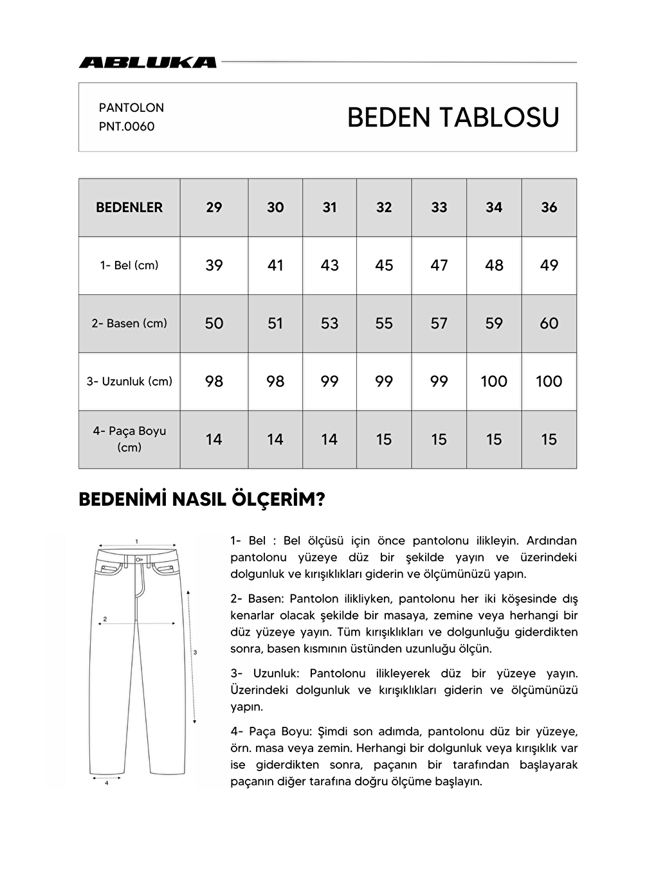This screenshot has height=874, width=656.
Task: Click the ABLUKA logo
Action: coord(147,62)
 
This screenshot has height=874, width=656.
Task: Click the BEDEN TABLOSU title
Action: coord(453,118)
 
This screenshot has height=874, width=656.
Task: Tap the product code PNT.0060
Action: coord(127,127)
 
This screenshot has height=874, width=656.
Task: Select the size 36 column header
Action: coord(549,208)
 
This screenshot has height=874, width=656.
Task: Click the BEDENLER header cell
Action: coord(129,208)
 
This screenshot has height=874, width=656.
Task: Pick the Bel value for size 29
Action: coord(214,265)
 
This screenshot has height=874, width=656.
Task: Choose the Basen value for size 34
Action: coord(494,323)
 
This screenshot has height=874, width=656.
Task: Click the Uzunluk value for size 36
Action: coord(549,381)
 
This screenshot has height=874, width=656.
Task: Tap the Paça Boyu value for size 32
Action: coord(384,440)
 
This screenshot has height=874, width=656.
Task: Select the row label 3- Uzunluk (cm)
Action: coord(129,381)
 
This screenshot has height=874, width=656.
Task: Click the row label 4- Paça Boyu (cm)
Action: coord(129,439)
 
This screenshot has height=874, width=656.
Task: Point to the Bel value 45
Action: coord(384,265)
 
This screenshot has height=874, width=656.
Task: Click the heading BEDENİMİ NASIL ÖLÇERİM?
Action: coord(201,500)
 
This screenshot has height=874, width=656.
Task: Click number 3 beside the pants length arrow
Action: coord(195,652)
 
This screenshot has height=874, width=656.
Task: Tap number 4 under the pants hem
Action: coord(106,783)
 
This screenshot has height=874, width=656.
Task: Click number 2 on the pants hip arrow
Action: coord(105,619)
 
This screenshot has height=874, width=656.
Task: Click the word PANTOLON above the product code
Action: coord(131,107)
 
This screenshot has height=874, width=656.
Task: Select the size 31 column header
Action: coord(329,208)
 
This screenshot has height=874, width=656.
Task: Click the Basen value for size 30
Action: coord(275,323)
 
